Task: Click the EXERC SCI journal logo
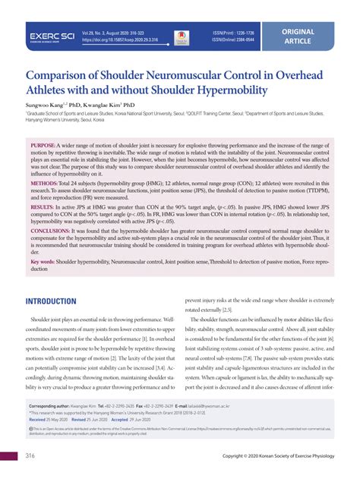coord(51,36)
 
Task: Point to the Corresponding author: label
coord(59,406)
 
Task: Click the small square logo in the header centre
coord(181,36)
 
